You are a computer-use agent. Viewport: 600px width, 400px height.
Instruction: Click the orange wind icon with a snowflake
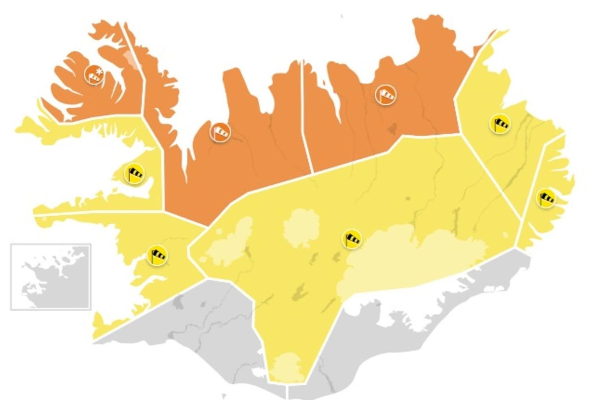(x=94, y=75)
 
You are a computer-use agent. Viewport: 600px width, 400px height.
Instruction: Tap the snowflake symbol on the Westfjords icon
(x=98, y=70)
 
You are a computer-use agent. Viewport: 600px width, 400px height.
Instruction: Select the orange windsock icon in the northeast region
(x=386, y=95)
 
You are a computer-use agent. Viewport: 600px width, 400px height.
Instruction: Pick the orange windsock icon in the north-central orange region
(x=220, y=132)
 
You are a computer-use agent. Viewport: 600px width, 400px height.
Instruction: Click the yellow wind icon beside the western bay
(x=135, y=174)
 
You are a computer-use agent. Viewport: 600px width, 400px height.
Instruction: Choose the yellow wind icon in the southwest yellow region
(x=157, y=255)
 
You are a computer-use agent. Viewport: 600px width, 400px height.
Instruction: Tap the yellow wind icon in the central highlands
(x=352, y=239)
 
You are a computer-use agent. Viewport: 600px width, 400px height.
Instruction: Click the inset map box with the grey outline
(x=50, y=277)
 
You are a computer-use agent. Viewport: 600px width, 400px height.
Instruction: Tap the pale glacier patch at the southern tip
(x=288, y=368)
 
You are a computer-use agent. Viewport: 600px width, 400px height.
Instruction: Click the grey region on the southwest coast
(x=205, y=329)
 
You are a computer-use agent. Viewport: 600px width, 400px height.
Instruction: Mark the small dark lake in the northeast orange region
(x=392, y=128)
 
